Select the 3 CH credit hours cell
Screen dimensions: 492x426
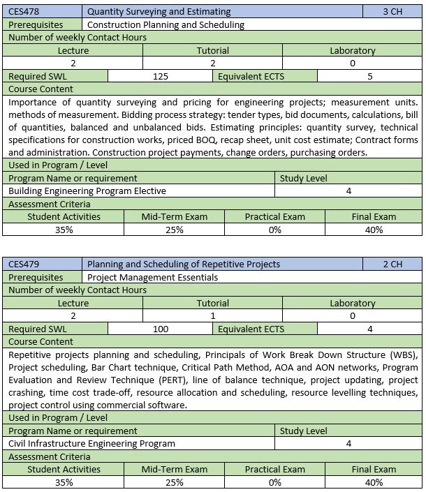pyautogui.click(x=392, y=12)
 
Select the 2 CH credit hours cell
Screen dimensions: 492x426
pyautogui.click(x=392, y=264)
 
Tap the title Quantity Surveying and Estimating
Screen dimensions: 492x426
pyautogui.click(x=159, y=12)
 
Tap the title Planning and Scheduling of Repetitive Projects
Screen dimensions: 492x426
pyautogui.click(x=184, y=264)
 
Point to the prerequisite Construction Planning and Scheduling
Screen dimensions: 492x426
pyautogui.click(x=166, y=24)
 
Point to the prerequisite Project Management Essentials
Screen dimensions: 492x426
pyautogui.click(x=152, y=277)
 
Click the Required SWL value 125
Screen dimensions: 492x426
pyautogui.click(x=160, y=76)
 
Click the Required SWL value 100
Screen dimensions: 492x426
pyautogui.click(x=160, y=329)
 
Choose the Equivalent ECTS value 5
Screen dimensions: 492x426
pyautogui.click(x=369, y=76)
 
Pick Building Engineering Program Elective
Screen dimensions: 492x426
pyautogui.click(x=87, y=191)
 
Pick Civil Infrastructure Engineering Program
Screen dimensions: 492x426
pyautogui.click(x=91, y=443)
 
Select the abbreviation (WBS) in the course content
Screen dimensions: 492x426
pyautogui.click(x=404, y=355)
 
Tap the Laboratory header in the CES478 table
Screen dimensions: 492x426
pyautogui.click(x=353, y=50)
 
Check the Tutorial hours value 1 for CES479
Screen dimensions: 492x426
pyautogui.click(x=212, y=316)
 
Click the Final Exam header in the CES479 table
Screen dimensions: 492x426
pyautogui.click(x=374, y=469)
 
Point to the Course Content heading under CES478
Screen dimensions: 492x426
pyautogui.click(x=41, y=89)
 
